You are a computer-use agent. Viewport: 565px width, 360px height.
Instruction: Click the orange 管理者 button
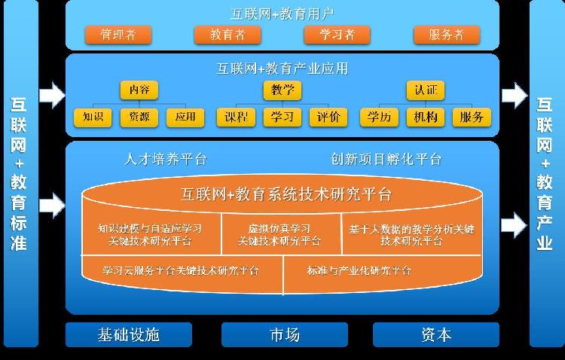click(x=118, y=35)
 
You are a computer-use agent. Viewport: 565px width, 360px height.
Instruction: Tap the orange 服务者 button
click(x=446, y=35)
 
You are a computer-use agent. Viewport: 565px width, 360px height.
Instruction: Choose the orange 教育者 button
click(x=228, y=35)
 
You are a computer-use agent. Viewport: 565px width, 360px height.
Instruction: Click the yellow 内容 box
click(x=139, y=90)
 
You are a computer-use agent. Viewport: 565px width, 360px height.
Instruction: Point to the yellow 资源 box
click(x=139, y=117)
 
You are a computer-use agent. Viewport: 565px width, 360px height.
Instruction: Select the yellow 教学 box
click(x=282, y=90)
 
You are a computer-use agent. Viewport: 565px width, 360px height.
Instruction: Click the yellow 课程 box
click(x=237, y=117)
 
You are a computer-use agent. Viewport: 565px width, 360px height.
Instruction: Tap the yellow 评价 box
click(x=328, y=117)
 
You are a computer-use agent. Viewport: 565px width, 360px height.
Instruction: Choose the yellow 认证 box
click(x=426, y=90)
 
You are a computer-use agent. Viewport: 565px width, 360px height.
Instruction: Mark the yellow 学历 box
click(x=380, y=117)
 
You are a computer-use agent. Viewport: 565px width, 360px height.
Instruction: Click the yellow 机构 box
click(x=426, y=117)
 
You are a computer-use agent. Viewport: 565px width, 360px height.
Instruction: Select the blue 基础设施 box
click(x=129, y=334)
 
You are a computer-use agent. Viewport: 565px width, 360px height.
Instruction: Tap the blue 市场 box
click(x=284, y=334)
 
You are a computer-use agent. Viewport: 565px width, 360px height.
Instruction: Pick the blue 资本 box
click(x=435, y=334)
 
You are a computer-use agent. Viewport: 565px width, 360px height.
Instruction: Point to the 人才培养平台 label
click(x=165, y=160)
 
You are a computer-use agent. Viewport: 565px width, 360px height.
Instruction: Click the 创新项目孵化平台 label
click(x=386, y=160)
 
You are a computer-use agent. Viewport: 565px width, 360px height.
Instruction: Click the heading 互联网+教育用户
click(x=282, y=13)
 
